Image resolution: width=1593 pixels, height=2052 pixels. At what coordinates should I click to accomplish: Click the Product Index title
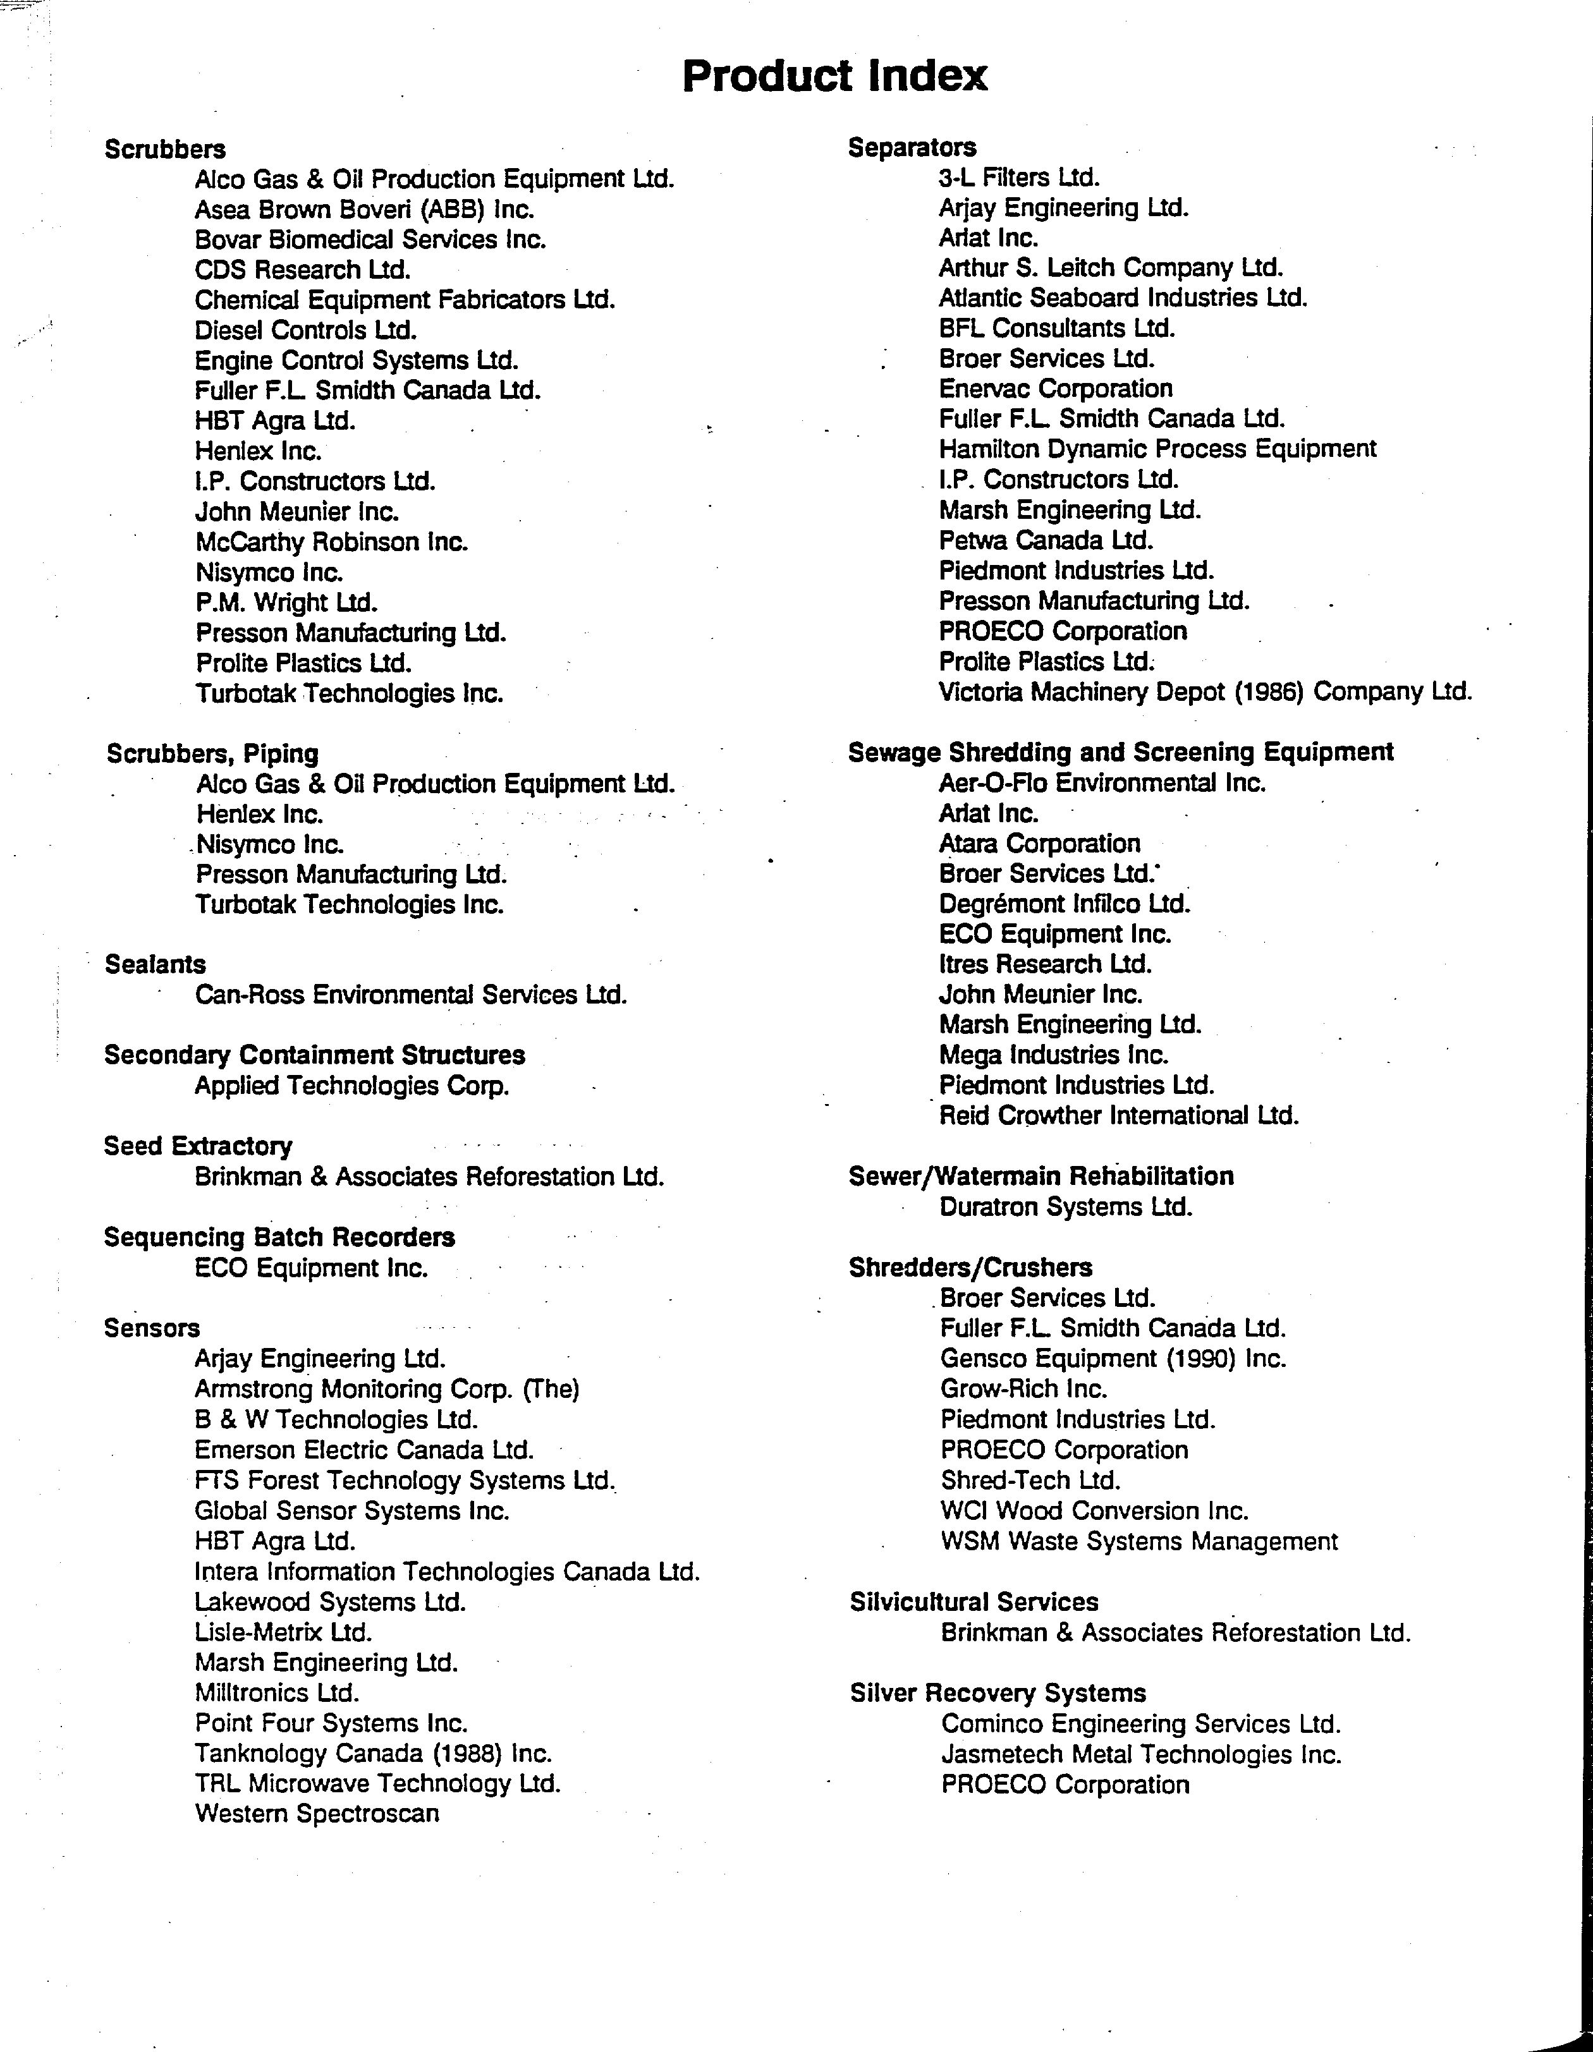[x=834, y=76]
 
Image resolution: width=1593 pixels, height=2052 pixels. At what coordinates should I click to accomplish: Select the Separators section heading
[x=912, y=147]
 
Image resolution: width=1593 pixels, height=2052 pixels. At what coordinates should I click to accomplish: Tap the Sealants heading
[x=155, y=964]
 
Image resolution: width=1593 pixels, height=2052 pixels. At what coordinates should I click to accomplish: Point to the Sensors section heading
[x=152, y=1328]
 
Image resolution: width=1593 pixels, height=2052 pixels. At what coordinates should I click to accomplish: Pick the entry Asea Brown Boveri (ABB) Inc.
[x=365, y=210]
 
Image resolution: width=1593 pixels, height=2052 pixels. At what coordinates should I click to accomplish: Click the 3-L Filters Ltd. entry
[x=1019, y=178]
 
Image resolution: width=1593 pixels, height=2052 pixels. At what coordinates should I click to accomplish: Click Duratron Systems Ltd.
[x=1066, y=1206]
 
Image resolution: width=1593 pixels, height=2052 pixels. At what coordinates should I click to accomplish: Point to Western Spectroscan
[x=317, y=1813]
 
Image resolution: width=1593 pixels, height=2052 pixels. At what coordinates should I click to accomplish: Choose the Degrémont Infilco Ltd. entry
[x=1065, y=904]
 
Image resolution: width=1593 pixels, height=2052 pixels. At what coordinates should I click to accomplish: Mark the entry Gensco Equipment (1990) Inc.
[x=1113, y=1359]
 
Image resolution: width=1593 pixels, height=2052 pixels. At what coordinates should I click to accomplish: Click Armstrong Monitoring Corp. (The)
[x=386, y=1388]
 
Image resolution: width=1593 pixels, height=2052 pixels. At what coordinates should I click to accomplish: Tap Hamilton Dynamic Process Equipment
[x=1157, y=449]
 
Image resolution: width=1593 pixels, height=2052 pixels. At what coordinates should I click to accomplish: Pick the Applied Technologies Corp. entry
[x=351, y=1086]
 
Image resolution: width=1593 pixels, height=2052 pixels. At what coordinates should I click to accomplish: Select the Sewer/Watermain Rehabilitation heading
[x=1041, y=1176]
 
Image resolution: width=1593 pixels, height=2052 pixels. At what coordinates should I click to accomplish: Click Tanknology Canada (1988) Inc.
[x=373, y=1753]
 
